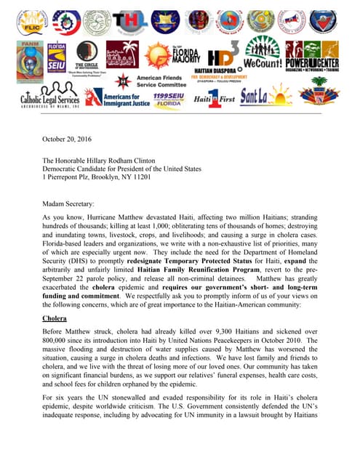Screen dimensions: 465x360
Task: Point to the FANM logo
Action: click(x=29, y=57)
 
